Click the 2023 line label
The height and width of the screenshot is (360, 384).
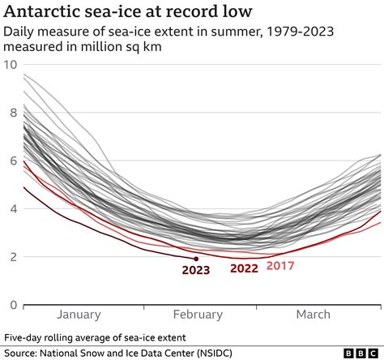[196, 272]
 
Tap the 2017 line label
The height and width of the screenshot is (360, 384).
[280, 265]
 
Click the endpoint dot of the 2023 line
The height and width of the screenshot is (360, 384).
[196, 259]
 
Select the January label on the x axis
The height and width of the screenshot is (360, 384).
[79, 315]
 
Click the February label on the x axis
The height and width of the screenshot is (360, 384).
[197, 315]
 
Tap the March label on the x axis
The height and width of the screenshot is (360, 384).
[313, 315]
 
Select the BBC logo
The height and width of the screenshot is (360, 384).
[361, 353]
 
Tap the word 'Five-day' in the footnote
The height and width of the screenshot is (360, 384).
[27, 336]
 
